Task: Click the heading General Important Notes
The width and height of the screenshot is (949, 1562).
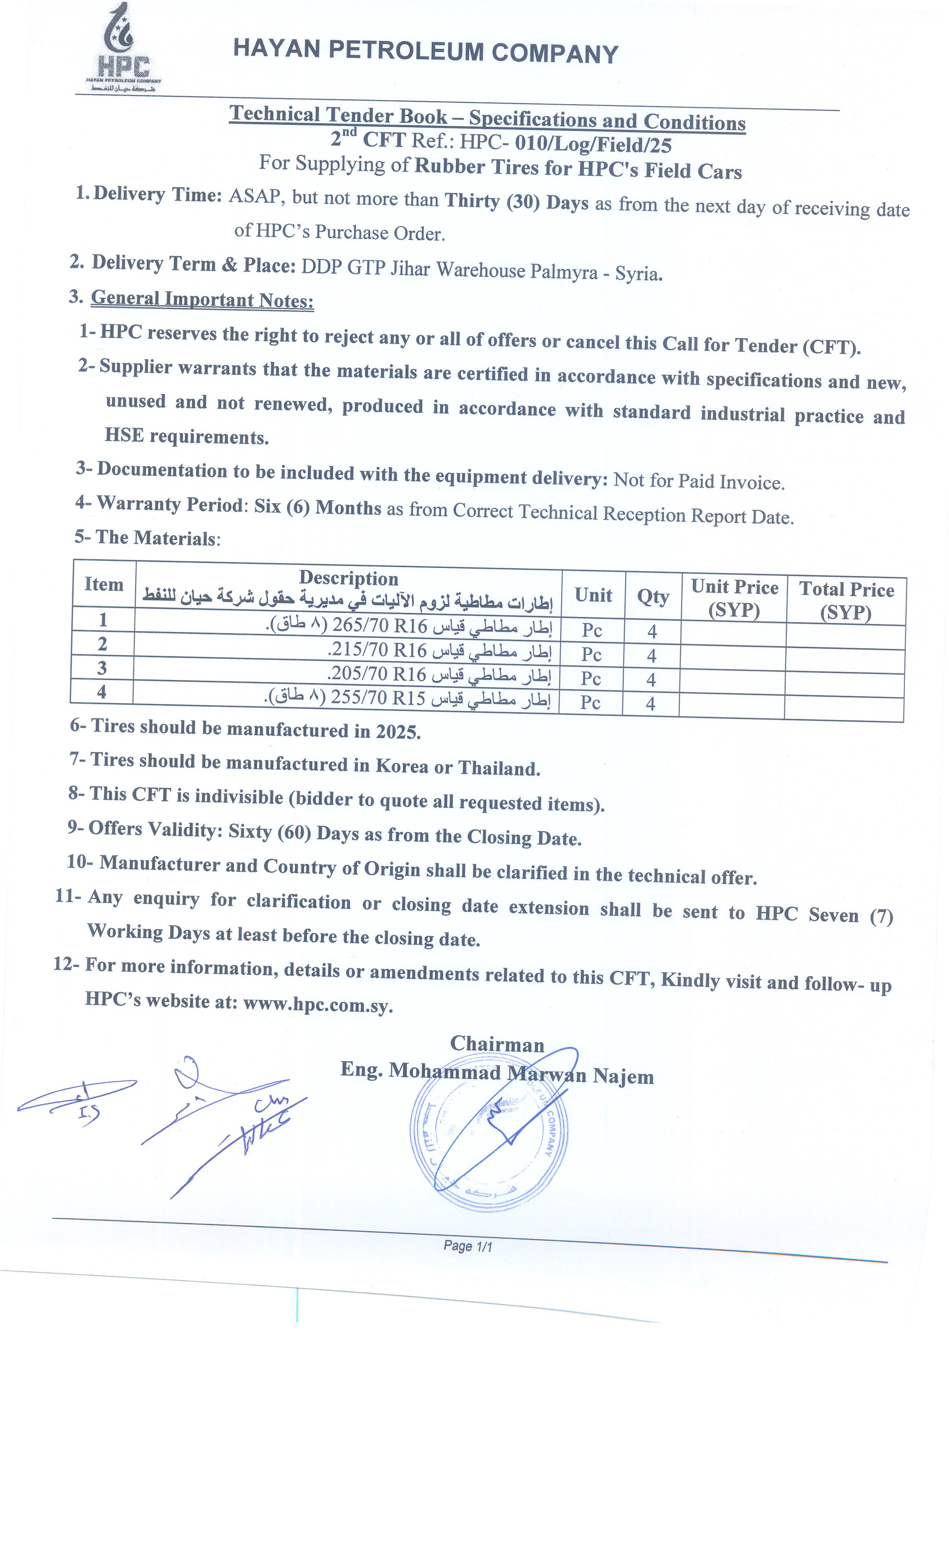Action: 202,299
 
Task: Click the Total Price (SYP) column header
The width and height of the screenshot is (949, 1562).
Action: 846,600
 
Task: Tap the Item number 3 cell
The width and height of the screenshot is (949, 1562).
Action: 102,668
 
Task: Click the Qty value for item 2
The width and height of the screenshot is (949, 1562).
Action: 652,655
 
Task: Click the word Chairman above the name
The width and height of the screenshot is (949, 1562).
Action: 497,1044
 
